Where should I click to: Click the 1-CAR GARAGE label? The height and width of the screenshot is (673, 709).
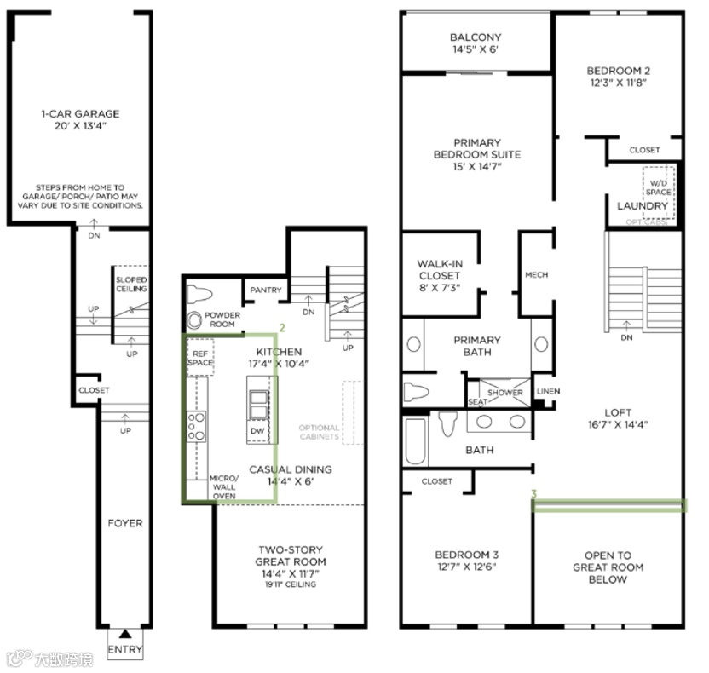[x=80, y=114]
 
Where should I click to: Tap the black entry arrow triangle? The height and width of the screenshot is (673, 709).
[x=125, y=634]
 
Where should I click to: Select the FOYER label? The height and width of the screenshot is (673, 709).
[x=125, y=523]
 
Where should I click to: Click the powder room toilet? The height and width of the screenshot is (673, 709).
[x=199, y=294]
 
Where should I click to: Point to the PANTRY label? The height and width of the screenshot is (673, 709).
[x=266, y=290]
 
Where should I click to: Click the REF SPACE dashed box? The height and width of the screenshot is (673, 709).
[x=200, y=357]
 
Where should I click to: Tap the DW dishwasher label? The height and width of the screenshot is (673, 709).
[x=257, y=431]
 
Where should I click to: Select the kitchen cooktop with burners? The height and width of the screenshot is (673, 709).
[x=197, y=426]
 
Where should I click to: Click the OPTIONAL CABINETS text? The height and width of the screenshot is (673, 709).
[x=319, y=432]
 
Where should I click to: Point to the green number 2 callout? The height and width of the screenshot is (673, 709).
[x=282, y=328]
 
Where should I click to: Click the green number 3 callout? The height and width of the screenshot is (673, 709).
[x=534, y=494]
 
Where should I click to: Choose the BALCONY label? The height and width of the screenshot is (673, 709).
[x=476, y=37]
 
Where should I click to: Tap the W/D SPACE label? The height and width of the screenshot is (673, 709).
[x=659, y=187]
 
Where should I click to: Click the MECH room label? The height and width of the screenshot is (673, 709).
[x=537, y=275]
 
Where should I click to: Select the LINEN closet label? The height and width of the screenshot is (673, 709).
[x=549, y=391]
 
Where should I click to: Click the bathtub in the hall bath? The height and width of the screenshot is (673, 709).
[x=416, y=440]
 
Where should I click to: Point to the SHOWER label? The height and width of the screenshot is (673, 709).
[x=505, y=393]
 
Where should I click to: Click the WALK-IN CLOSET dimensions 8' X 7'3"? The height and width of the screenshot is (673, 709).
[x=440, y=288]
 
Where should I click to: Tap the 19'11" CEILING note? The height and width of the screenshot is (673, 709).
[x=291, y=584]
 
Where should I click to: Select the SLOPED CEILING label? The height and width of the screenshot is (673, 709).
[x=131, y=285]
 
